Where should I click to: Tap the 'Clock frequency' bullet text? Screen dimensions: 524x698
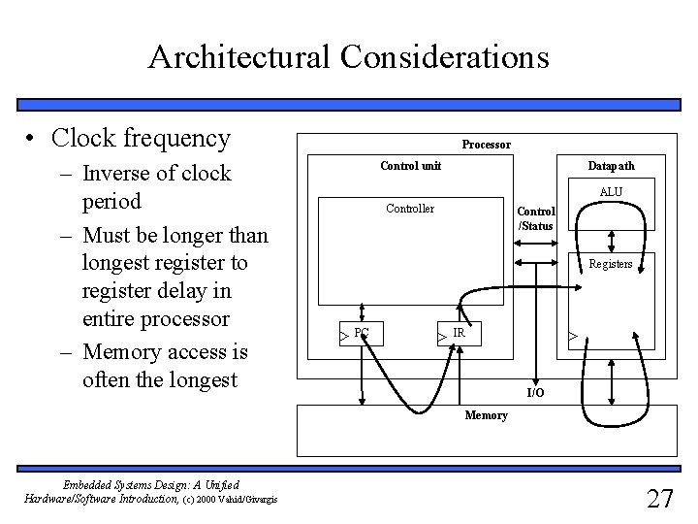click(x=142, y=139)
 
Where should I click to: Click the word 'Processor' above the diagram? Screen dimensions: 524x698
click(x=486, y=145)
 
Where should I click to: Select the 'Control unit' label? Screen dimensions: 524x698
click(x=410, y=166)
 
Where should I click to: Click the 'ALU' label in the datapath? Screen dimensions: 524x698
click(x=611, y=192)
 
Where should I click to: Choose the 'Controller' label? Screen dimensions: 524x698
click(x=410, y=209)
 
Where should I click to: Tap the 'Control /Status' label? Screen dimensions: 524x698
click(x=535, y=218)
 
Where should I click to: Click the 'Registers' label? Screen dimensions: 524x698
click(x=611, y=264)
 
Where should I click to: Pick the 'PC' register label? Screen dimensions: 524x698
click(x=361, y=332)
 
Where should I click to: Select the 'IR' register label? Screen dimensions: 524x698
click(x=460, y=332)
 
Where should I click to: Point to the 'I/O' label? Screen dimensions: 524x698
click(x=535, y=392)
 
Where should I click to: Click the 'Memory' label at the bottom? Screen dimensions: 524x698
click(x=486, y=415)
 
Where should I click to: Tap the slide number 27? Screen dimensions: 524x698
click(x=659, y=499)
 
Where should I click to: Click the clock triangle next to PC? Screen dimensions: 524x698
click(x=343, y=337)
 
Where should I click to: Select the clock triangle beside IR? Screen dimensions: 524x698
click(x=441, y=337)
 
